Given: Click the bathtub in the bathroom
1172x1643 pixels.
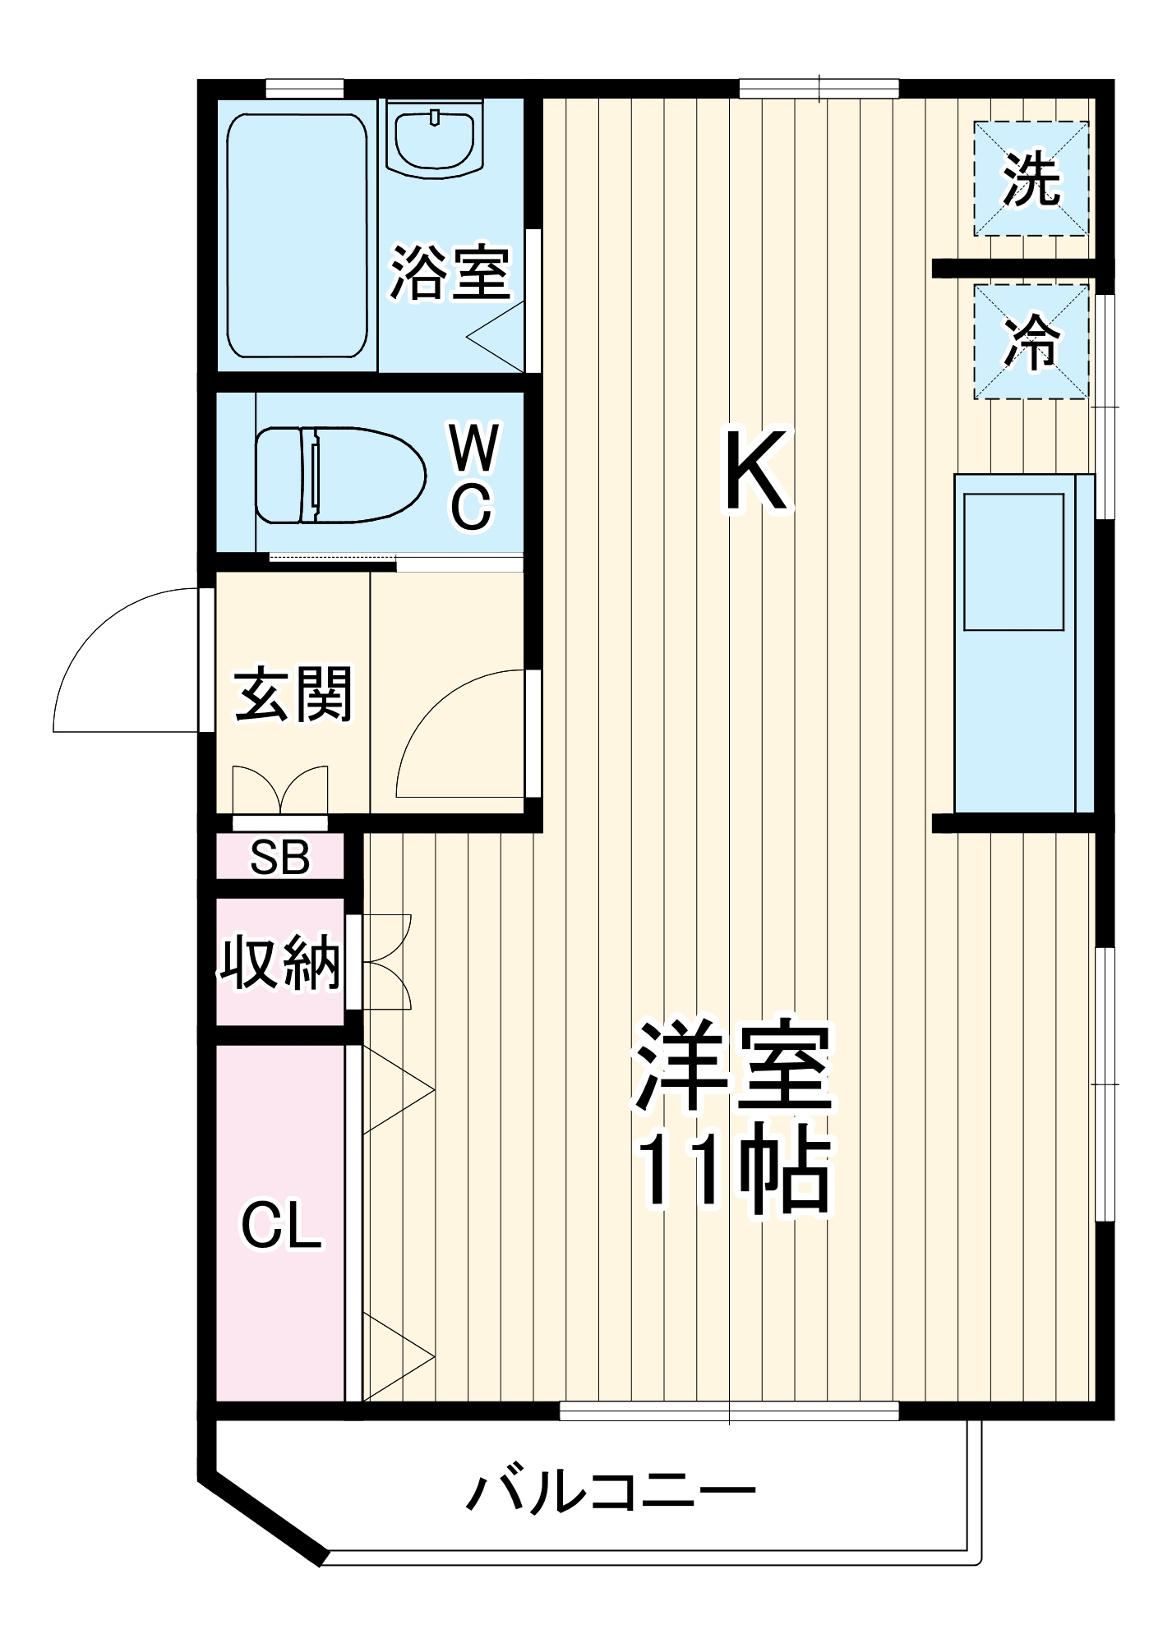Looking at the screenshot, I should (x=297, y=236).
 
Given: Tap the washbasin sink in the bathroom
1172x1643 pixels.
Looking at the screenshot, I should (x=434, y=138).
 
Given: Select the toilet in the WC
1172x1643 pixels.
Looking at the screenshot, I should (x=339, y=475).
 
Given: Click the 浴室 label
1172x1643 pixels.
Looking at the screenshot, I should (x=450, y=273).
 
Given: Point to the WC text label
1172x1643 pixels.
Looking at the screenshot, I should (x=473, y=476).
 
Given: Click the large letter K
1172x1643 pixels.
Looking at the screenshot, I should (x=757, y=471).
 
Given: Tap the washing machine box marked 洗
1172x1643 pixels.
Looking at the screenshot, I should (x=1031, y=179).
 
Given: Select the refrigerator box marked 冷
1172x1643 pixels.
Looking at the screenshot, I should (x=1031, y=342).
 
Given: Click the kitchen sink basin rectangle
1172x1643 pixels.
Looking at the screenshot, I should (x=1013, y=562).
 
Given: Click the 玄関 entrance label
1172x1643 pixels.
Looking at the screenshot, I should (x=293, y=694).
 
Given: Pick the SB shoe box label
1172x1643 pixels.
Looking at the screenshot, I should (x=279, y=857).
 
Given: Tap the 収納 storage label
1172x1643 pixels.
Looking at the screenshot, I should (x=279, y=961).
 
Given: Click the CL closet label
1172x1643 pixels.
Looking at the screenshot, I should (x=280, y=1226).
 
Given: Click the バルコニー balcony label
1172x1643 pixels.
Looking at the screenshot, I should (x=611, y=1491).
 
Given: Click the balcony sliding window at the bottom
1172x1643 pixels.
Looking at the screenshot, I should (x=729, y=1411).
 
